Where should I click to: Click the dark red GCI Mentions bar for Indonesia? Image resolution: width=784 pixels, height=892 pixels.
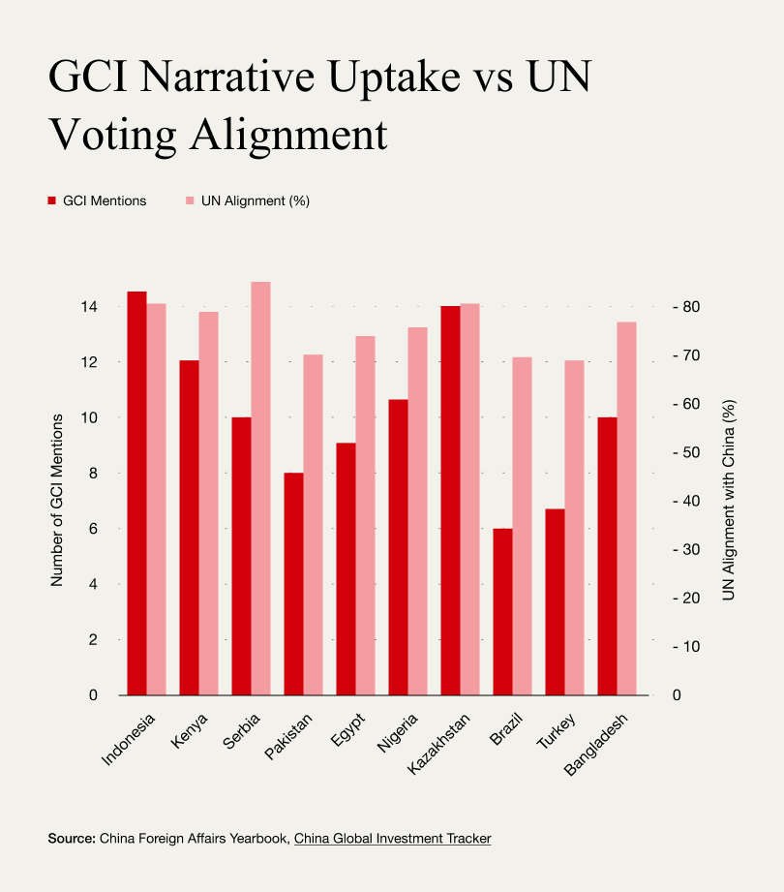(136, 493)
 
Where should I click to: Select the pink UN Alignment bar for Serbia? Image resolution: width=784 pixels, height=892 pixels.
(261, 488)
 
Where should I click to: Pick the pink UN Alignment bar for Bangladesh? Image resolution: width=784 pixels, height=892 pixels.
(627, 508)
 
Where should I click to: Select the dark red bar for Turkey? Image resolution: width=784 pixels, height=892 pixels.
(555, 601)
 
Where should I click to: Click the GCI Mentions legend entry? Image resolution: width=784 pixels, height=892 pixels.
(98, 200)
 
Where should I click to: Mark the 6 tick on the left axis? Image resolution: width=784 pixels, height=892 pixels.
(94, 529)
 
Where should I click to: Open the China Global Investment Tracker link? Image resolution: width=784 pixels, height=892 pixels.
(392, 838)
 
